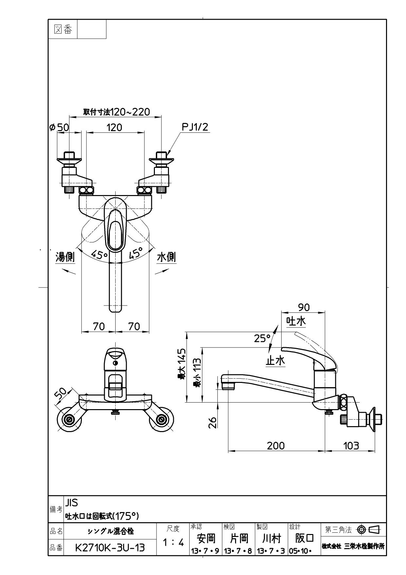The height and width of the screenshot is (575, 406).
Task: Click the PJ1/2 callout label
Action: tap(195, 127)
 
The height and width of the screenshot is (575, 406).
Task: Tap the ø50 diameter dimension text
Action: tap(59, 128)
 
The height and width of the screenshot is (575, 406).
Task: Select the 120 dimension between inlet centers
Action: tap(114, 128)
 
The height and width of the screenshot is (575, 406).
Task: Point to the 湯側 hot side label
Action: tap(65, 257)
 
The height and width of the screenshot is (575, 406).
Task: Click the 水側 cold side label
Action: tap(166, 257)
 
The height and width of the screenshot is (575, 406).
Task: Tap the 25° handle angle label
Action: tap(262, 338)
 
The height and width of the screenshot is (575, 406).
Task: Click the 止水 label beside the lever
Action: tap(275, 361)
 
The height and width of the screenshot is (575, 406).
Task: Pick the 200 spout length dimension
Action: tap(276, 446)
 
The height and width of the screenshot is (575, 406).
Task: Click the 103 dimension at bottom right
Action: tap(351, 446)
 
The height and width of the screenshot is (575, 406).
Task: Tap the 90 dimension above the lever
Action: tap(304, 307)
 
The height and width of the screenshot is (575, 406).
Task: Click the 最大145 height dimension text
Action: tap(182, 364)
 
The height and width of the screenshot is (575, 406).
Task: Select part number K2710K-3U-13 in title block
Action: tap(110, 547)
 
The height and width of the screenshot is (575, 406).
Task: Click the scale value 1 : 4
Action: tap(173, 543)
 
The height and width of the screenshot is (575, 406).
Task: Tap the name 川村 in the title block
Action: tap(271, 538)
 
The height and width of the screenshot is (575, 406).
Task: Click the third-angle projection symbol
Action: tap(368, 529)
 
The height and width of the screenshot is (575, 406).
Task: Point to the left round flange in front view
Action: tap(69, 420)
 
